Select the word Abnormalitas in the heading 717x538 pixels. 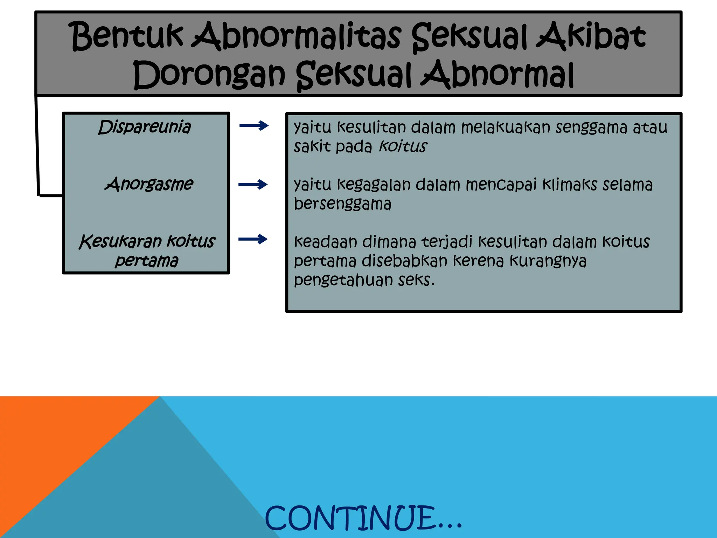[296, 36]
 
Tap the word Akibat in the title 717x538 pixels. [591, 36]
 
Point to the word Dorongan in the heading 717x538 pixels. [209, 75]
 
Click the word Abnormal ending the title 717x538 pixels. [497, 75]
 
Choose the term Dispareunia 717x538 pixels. [145, 127]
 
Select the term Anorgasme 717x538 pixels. [149, 184]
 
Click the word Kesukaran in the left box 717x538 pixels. [120, 241]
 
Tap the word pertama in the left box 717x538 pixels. [146, 261]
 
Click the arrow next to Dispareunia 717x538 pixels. [254, 125]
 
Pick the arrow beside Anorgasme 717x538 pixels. [253, 184]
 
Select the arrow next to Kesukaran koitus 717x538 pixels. [253, 239]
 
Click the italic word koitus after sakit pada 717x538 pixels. [403, 146]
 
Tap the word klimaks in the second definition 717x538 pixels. [569, 185]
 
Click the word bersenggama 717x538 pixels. [342, 204]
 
